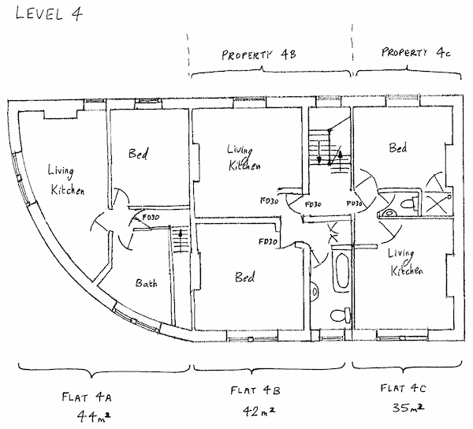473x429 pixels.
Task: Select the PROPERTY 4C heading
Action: pos(415,53)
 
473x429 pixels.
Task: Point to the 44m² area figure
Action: pos(92,414)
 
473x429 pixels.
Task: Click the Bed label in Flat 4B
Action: pos(245,277)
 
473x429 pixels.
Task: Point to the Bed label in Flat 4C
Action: pos(398,147)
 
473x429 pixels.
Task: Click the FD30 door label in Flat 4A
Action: pos(150,218)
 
